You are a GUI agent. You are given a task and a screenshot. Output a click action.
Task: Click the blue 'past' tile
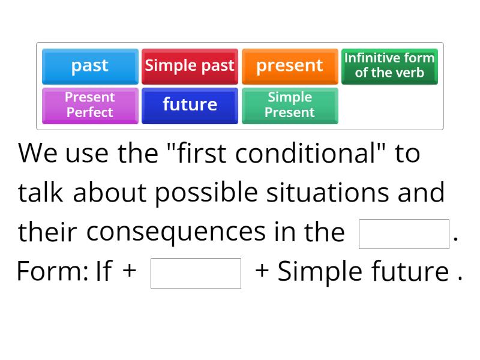[x=90, y=65]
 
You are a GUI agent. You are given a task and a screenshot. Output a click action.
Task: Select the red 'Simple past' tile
[x=190, y=65]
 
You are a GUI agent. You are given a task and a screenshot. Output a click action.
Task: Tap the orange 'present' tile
[x=290, y=65]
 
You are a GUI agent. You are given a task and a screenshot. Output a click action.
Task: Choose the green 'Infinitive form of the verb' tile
[x=389, y=65]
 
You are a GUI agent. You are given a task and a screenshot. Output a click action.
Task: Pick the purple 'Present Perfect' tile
[x=90, y=105]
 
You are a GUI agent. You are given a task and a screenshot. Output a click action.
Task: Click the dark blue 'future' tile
[x=190, y=105]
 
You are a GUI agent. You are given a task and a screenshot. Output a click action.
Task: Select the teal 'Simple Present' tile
[x=290, y=105]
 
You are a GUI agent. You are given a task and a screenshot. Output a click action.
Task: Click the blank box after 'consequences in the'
[x=404, y=234]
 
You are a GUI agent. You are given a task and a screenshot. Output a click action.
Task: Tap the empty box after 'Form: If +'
[x=196, y=273]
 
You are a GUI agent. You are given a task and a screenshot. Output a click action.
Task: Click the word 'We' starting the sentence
[x=38, y=154]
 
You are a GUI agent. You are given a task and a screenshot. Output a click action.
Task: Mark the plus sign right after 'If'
[x=129, y=272]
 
